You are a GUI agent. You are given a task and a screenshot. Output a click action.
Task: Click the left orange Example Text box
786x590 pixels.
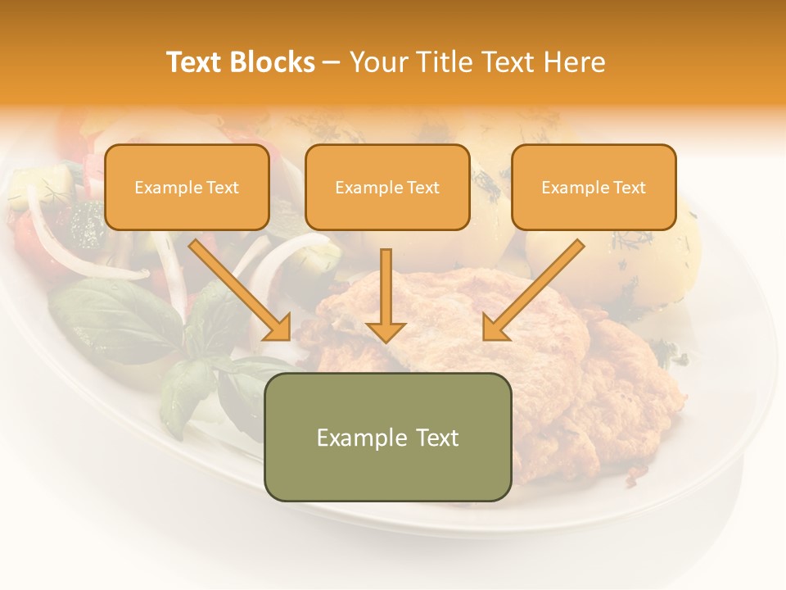[187, 187]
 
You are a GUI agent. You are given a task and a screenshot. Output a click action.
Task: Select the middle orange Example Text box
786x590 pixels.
[387, 187]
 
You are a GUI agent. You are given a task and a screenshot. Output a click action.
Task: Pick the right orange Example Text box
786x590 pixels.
[594, 187]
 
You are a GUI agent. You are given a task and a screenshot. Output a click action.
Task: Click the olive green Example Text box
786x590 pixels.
[387, 437]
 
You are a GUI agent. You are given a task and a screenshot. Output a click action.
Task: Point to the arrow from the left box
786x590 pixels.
[238, 288]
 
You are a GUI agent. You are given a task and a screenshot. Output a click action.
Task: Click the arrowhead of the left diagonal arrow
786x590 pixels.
[279, 328]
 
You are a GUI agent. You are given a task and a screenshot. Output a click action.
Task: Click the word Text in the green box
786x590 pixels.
[436, 438]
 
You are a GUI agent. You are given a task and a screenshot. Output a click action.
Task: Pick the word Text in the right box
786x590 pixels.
[629, 188]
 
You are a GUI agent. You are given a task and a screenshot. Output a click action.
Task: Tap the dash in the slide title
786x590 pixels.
[332, 62]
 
